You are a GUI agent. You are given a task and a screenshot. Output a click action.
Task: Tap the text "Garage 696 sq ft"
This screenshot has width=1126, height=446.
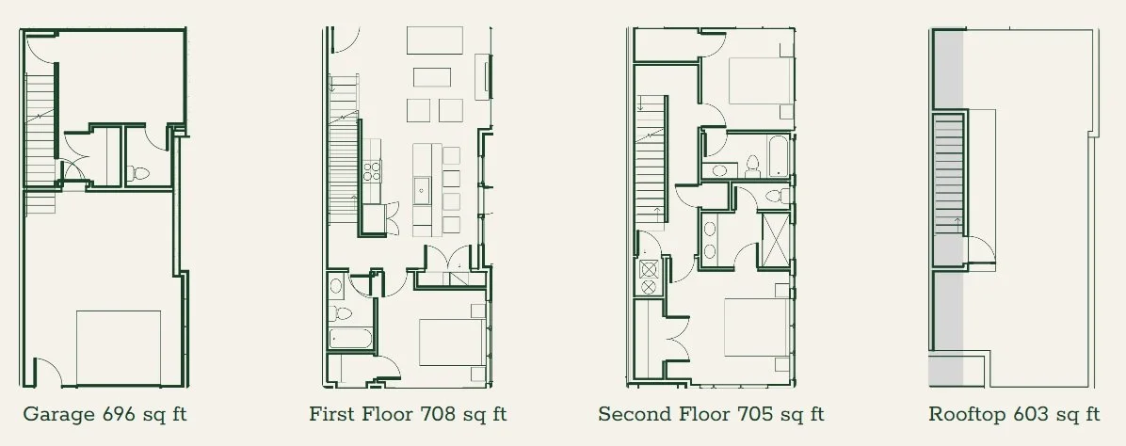[111, 414]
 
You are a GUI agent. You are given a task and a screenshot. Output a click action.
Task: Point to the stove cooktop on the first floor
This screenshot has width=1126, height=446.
[372, 170]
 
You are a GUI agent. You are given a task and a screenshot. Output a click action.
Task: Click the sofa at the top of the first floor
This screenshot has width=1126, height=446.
[435, 41]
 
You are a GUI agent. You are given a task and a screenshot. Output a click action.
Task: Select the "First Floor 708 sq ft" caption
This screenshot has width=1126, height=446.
[408, 414]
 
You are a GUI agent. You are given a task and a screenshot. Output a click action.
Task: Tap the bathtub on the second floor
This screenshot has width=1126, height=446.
[778, 158]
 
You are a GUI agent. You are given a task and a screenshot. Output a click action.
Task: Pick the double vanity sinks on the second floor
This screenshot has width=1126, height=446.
[709, 237]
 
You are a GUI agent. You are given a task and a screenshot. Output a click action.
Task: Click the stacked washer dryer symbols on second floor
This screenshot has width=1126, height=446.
[648, 279]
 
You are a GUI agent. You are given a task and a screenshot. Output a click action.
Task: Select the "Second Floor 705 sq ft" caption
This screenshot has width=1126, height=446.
[711, 414]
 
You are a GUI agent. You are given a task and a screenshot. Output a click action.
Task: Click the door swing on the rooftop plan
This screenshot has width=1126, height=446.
[980, 249]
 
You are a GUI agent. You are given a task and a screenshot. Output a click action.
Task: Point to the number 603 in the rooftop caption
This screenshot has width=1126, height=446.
[1037, 414]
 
